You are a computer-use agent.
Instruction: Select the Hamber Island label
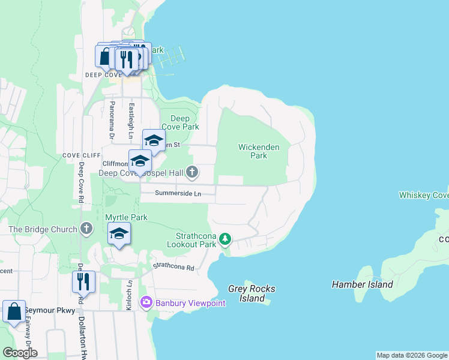coord(362,284)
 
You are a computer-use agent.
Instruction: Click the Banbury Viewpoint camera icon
coord(145,303)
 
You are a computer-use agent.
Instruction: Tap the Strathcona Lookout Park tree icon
coord(225,239)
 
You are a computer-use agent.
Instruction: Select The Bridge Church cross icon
coord(86,229)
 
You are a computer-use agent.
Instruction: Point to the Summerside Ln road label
coord(177,193)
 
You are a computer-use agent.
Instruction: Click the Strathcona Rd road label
coord(174,266)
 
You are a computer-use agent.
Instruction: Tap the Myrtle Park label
coord(126,217)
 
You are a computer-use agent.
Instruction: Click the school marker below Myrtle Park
coord(119,234)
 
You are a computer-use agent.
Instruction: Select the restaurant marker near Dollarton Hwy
coord(83,282)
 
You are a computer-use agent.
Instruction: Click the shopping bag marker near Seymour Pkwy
coord(14,312)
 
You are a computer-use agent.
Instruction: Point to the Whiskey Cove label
coord(423,195)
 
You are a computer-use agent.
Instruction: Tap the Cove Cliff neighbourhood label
coord(79,155)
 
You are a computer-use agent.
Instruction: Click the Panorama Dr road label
coord(112,120)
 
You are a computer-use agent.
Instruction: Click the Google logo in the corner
coord(20,353)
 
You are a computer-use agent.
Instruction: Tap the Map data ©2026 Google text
coord(411,355)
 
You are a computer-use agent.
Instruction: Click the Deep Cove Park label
coord(184,123)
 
